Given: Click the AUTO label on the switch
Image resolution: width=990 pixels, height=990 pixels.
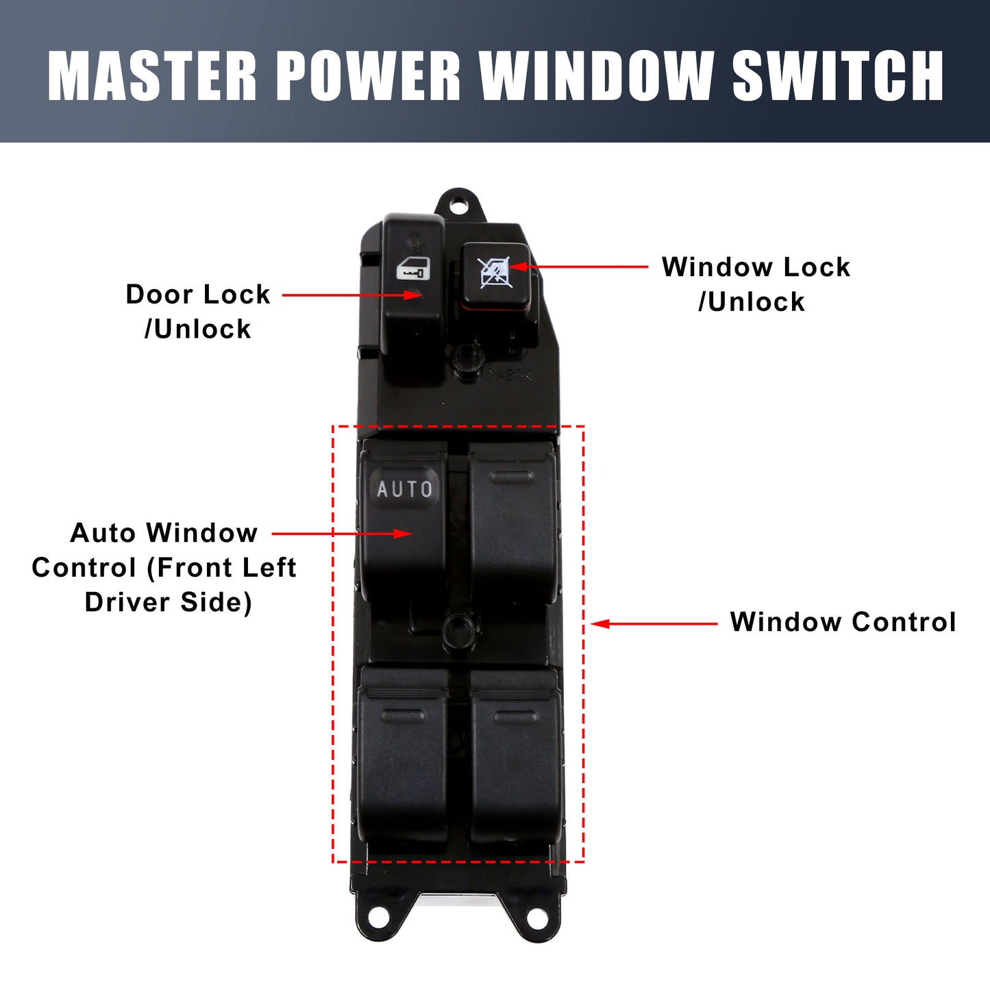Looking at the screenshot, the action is pyautogui.click(x=404, y=488).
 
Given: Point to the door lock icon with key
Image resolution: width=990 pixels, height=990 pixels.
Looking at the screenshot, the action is pyautogui.click(x=413, y=269).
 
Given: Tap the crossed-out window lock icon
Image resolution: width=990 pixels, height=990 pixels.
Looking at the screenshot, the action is pyautogui.click(x=494, y=272).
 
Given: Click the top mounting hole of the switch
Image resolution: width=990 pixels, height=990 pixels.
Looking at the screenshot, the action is pyautogui.click(x=459, y=206).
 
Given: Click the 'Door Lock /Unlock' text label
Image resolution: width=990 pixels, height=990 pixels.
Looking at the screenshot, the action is pyautogui.click(x=198, y=311).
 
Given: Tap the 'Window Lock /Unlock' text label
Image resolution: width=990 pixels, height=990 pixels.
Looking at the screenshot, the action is pyautogui.click(x=756, y=284).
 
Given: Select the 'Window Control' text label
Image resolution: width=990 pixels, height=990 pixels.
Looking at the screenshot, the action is pyautogui.click(x=843, y=621).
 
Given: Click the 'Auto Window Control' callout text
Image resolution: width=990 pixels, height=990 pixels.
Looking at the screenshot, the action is pyautogui.click(x=164, y=567).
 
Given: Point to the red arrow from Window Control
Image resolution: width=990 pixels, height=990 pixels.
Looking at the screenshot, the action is pyautogui.click(x=654, y=623).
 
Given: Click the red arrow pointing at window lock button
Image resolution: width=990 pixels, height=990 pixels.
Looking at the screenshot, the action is pyautogui.click(x=578, y=267).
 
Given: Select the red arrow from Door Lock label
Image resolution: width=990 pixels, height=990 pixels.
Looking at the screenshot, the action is pyautogui.click(x=352, y=295).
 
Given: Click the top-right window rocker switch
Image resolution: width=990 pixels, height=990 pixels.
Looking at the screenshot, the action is pyautogui.click(x=512, y=524).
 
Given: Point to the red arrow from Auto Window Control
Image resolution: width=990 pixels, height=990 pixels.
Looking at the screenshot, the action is pyautogui.click(x=342, y=534).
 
